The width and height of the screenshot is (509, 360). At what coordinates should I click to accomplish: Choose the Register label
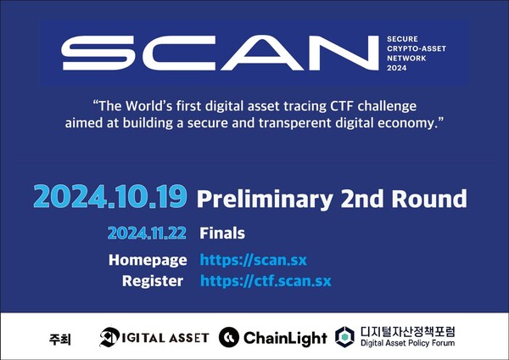click(x=153, y=280)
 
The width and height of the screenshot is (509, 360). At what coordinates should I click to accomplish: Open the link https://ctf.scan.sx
click(x=266, y=280)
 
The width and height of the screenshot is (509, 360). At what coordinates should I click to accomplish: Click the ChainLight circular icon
click(x=229, y=337)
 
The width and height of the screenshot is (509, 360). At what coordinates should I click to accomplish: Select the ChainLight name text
click(x=285, y=338)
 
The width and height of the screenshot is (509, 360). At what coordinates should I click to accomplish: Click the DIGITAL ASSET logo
click(x=154, y=337)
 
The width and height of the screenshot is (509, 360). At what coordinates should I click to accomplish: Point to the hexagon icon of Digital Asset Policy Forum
click(x=344, y=337)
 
